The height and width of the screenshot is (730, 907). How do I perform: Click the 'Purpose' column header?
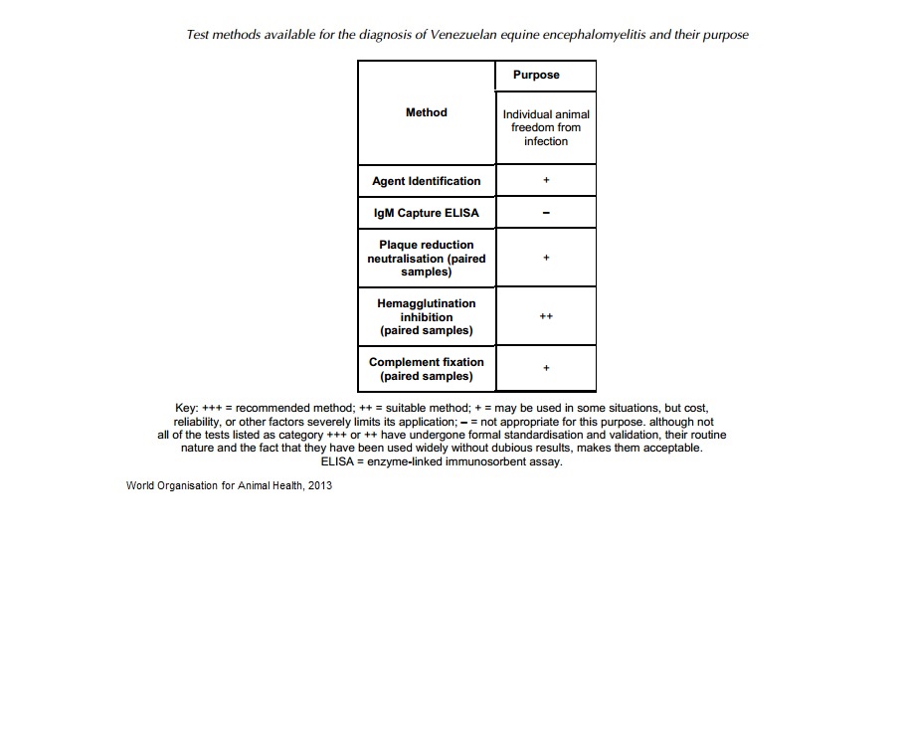536,75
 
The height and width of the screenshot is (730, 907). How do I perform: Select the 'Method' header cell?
427,112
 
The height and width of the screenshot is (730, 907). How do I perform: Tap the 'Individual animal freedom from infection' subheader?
546,127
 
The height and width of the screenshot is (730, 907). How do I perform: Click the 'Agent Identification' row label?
427,181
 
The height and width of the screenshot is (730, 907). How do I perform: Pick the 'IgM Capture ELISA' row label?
427,213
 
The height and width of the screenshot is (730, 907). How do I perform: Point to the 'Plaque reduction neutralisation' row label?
427,258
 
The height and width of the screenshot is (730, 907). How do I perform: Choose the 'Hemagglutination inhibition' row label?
427,316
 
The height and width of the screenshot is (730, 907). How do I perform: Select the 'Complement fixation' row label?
427,369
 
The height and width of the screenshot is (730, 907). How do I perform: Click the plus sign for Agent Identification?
546,181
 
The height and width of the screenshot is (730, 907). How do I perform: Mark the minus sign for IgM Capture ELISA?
546,213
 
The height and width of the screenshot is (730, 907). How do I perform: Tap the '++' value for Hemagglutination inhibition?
546,316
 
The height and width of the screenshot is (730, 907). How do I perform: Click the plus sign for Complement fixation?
546,369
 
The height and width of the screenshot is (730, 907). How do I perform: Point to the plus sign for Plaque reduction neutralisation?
546,258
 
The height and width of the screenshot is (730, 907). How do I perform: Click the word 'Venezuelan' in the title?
464,34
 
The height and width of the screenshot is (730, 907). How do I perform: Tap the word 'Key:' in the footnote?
186,408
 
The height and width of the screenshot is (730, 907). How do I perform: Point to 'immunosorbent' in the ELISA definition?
483,461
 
